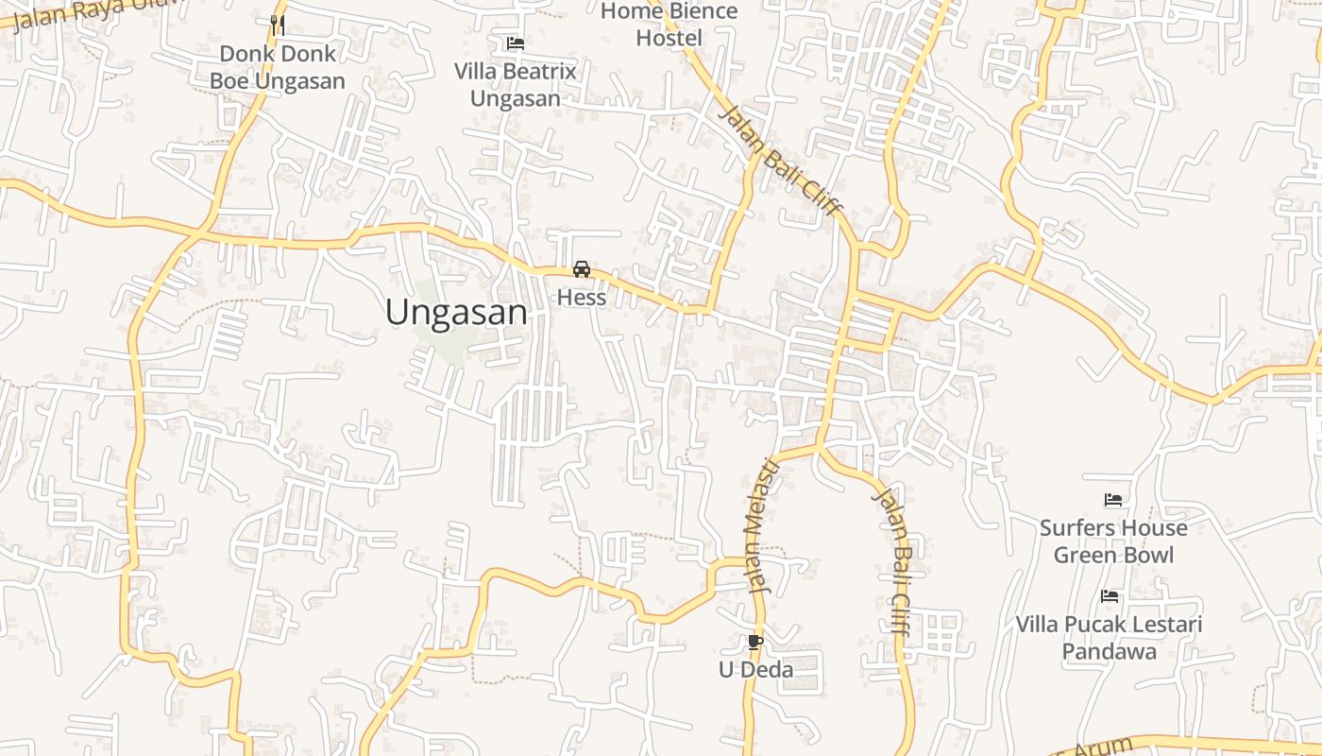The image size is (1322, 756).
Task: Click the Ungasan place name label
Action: (x=456, y=312)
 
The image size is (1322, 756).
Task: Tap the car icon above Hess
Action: (x=582, y=269)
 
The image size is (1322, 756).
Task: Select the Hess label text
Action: (x=582, y=298)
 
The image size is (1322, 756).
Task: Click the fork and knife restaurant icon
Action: (x=277, y=25)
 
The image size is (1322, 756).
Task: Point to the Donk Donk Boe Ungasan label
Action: (x=278, y=68)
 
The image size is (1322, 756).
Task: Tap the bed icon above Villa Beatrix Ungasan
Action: (x=516, y=43)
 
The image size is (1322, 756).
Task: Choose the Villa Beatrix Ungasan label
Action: (x=516, y=85)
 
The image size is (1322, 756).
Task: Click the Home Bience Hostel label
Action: (x=669, y=25)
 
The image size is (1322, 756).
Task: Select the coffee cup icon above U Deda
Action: (x=754, y=643)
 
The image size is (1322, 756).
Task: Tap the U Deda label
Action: (x=755, y=670)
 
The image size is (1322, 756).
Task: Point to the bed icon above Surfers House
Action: (x=1113, y=500)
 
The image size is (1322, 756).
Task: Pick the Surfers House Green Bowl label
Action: (x=1113, y=541)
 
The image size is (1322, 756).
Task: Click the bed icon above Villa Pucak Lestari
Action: (x=1110, y=596)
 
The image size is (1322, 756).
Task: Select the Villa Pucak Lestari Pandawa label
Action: (x=1109, y=638)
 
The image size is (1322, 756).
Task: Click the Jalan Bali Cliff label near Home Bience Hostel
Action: (x=780, y=161)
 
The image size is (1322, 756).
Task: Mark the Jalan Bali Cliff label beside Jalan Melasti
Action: (x=893, y=562)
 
